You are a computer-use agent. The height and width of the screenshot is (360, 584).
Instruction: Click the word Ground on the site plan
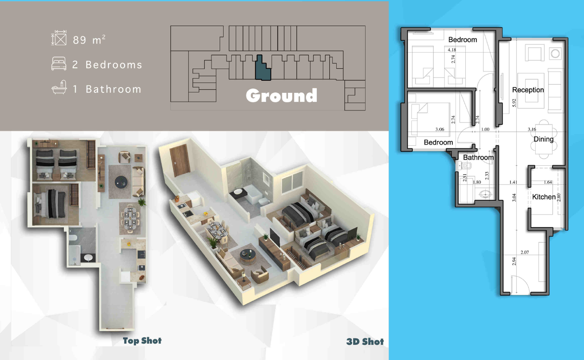281,96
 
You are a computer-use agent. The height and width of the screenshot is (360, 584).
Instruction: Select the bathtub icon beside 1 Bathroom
59,87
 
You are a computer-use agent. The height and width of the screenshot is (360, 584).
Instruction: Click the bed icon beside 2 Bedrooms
59,63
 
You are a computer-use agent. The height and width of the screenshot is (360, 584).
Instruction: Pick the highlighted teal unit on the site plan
263,68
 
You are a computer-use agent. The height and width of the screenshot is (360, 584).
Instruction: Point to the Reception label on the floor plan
528,90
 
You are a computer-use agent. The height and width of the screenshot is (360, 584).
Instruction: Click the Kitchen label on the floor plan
543,197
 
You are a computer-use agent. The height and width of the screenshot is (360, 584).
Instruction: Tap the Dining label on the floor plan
543,139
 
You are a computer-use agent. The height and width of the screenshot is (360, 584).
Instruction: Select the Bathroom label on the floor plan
478,158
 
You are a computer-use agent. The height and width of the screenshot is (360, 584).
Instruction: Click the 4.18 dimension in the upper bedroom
452,50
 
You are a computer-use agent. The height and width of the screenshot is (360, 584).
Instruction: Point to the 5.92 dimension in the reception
514,103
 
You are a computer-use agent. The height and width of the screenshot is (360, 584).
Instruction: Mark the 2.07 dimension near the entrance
524,253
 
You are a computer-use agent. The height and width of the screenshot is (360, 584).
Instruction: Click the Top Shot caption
142,341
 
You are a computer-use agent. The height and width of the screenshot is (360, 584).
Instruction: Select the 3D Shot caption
365,341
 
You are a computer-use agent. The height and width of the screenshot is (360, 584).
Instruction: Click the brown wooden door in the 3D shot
180,160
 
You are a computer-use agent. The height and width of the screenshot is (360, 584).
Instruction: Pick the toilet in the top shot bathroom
73,238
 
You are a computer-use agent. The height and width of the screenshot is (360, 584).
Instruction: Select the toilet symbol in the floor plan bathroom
465,165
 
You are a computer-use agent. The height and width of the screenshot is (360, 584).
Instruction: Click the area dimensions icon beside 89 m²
59,38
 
